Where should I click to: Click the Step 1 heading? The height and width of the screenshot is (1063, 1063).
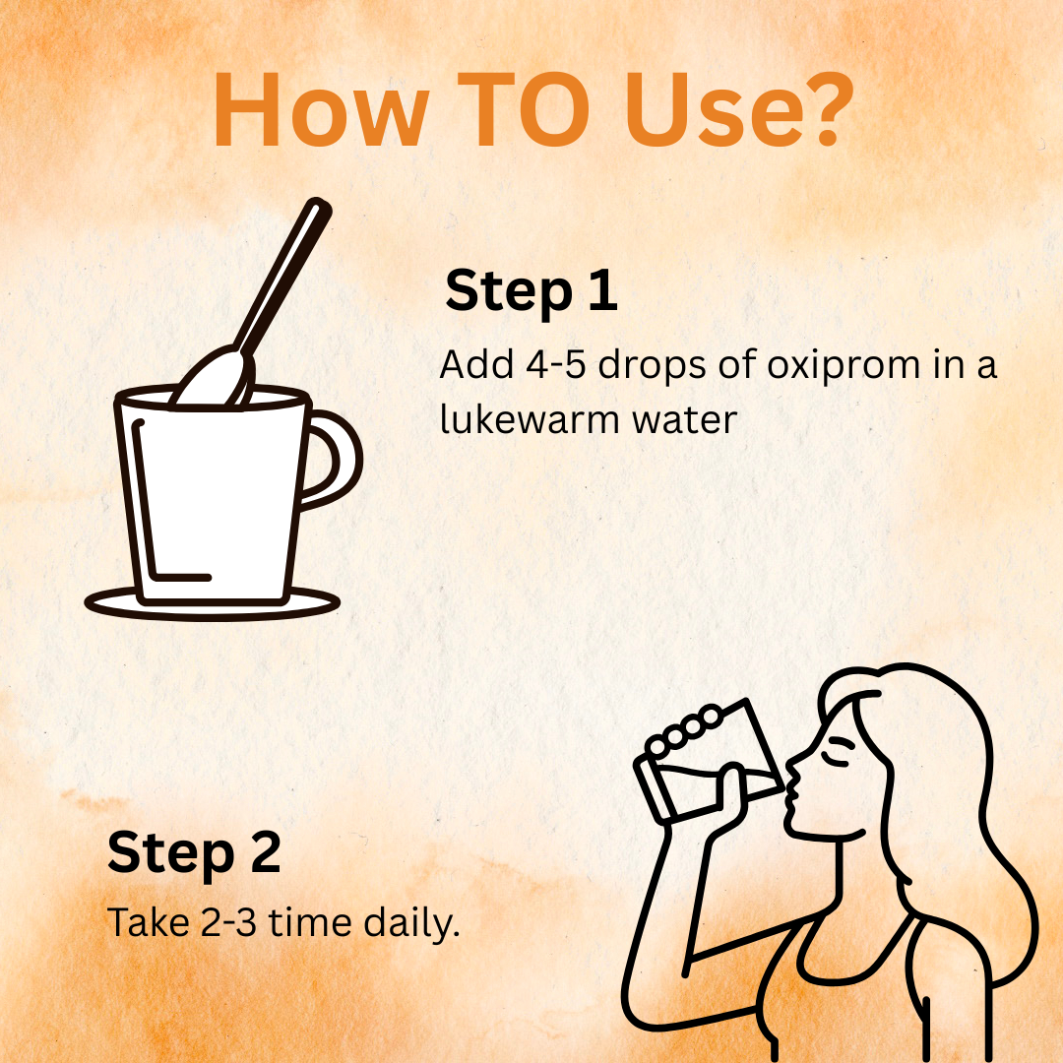[531, 290]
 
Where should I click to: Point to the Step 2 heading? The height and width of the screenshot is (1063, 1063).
[194, 852]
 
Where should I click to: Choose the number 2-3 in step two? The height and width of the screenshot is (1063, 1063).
[228, 922]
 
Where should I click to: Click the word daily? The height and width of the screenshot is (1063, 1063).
[411, 923]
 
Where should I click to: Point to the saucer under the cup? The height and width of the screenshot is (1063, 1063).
[212, 611]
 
